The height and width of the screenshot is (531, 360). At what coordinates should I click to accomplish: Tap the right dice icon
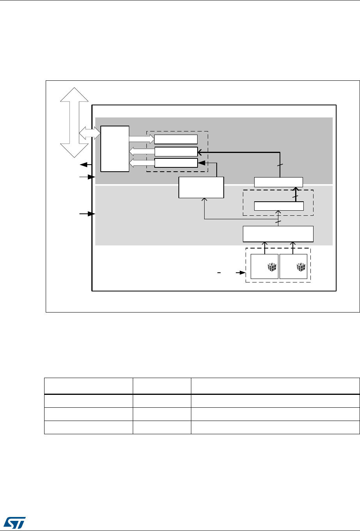(x=301, y=267)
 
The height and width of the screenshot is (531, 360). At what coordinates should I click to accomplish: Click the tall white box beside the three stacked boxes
(x=115, y=149)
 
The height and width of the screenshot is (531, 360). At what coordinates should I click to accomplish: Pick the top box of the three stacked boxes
(x=176, y=139)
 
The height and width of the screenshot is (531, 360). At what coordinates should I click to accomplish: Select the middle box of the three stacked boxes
(x=176, y=151)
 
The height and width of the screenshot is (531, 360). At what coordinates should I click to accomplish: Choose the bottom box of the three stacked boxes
(x=176, y=163)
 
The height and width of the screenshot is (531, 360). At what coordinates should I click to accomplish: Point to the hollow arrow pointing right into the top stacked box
(x=142, y=139)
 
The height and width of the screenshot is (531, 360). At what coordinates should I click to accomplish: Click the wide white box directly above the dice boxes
(x=278, y=234)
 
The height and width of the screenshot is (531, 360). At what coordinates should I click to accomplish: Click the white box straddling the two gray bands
(x=201, y=187)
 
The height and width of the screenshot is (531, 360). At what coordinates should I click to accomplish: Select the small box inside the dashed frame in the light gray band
(x=279, y=206)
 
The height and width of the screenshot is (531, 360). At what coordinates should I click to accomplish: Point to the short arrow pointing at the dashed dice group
(x=237, y=272)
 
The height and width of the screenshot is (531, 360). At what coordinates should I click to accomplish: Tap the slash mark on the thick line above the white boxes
(x=279, y=165)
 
